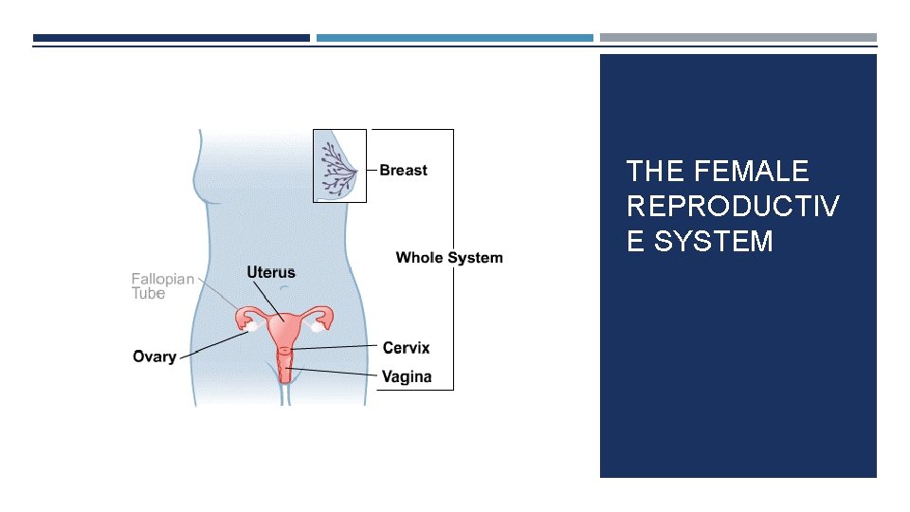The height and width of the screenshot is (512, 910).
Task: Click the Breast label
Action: point(403,171)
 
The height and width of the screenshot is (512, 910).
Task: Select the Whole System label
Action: point(449,258)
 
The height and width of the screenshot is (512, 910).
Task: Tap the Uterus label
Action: point(271,272)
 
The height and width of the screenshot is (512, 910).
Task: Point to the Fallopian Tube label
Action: point(162,286)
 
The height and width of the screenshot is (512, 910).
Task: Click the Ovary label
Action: point(155,357)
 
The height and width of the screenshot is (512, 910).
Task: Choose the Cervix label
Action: point(406,348)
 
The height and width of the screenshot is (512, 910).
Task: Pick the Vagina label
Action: point(406,376)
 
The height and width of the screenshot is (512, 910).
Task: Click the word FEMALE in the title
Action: point(752,172)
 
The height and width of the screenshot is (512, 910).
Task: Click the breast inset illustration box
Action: point(339,166)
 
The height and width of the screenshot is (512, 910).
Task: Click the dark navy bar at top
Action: point(172,38)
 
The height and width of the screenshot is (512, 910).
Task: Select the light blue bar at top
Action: point(454,38)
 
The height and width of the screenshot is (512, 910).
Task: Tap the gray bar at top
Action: point(737,38)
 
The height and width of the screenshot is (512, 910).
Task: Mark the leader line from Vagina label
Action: point(337,372)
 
